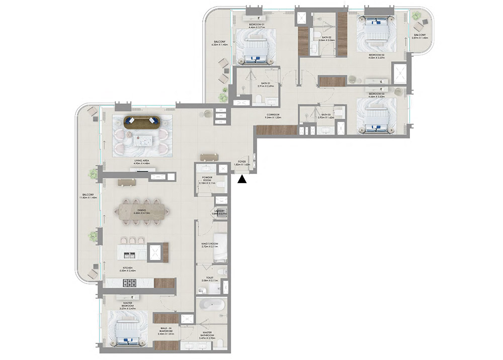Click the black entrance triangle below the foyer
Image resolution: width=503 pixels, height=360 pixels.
click(x=242, y=178)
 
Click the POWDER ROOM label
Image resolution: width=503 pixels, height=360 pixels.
click(x=207, y=179)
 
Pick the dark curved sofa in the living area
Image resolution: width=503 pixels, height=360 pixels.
click(x=141, y=121)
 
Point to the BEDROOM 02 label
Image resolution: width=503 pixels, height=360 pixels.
click(x=376, y=56)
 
